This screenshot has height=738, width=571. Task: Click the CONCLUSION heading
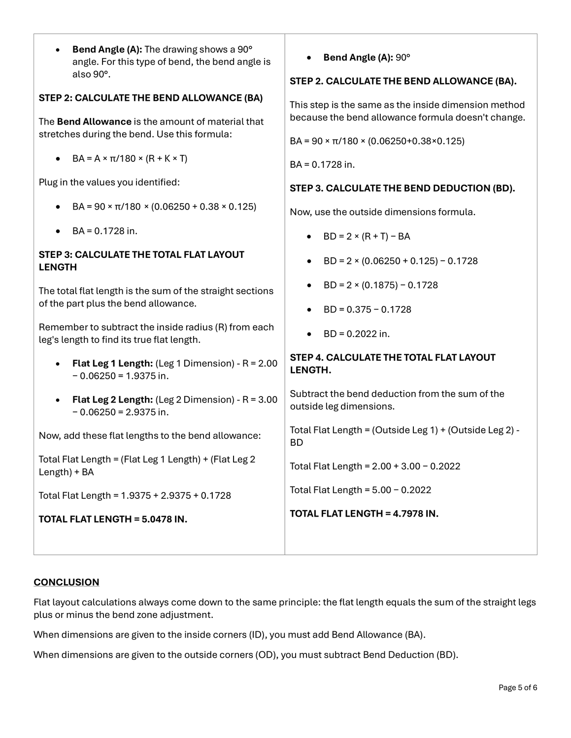pyautogui.click(x=66, y=582)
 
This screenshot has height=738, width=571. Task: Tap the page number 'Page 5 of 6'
pyautogui.click(x=517, y=687)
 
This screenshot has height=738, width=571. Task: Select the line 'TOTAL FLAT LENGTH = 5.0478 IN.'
pyautogui.click(x=113, y=519)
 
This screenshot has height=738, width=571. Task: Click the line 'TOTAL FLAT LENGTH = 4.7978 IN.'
pyautogui.click(x=364, y=513)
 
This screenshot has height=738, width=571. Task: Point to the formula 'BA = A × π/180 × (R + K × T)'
pyautogui.click(x=130, y=158)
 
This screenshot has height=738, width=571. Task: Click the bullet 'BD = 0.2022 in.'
pyautogui.click(x=356, y=334)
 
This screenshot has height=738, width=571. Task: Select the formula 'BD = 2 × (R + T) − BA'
pyautogui.click(x=367, y=236)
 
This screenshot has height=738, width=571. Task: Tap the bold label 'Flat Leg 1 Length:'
pyautogui.click(x=112, y=363)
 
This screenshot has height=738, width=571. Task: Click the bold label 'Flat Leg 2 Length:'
pyautogui.click(x=112, y=400)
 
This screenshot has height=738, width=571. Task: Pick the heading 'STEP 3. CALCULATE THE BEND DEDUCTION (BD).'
pyautogui.click(x=402, y=188)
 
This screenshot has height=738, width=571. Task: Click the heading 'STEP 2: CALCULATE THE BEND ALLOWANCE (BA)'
pyautogui.click(x=151, y=97)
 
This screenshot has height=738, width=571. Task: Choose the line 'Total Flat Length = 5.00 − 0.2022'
pyautogui.click(x=360, y=490)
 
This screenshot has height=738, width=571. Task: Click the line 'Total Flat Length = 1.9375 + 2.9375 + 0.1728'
pyautogui.click(x=134, y=495)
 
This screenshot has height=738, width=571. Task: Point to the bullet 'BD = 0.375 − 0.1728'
pyautogui.click(x=367, y=309)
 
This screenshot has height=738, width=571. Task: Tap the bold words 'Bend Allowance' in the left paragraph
pyautogui.click(x=94, y=122)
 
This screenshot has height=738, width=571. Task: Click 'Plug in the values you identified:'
pyautogui.click(x=109, y=182)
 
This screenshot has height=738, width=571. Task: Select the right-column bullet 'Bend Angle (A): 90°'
pyautogui.click(x=367, y=58)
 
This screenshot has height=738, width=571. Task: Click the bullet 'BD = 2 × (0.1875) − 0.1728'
pyautogui.click(x=380, y=285)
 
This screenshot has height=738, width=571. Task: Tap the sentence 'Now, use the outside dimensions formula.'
pyautogui.click(x=382, y=212)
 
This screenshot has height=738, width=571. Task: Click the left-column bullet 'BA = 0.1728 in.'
pyautogui.click(x=104, y=231)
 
